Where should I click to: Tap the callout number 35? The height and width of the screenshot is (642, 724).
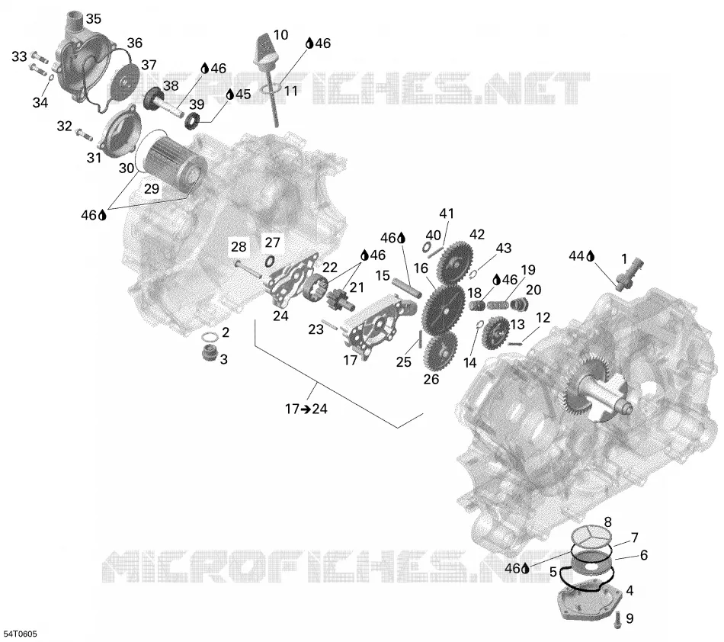click(93, 19)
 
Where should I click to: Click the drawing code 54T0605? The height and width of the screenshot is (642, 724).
click(20, 634)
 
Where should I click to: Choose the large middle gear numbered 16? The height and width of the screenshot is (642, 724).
click(444, 309)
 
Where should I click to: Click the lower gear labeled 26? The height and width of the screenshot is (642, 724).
click(440, 350)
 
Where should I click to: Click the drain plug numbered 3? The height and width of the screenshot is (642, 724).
click(210, 353)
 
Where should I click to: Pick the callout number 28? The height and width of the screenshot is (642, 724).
click(239, 246)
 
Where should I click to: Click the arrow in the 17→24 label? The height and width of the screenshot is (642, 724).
click(306, 409)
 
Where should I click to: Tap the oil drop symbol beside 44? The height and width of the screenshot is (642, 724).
click(590, 256)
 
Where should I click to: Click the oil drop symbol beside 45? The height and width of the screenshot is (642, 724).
click(230, 95)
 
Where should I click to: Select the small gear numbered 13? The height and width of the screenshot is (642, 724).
click(495, 332)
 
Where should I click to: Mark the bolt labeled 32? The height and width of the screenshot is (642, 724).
click(84, 134)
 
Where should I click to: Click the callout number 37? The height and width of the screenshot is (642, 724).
click(149, 65)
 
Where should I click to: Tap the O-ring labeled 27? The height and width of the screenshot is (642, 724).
click(270, 262)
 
